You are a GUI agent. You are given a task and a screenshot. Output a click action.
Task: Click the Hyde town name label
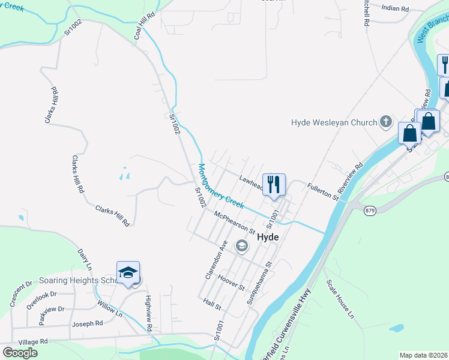[268, 237]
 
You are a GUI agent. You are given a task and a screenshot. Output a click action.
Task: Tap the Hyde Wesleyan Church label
[333, 122]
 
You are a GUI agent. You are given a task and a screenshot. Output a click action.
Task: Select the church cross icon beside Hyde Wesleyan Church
[386, 122]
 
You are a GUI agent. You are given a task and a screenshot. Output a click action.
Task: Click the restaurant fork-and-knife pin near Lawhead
[274, 185]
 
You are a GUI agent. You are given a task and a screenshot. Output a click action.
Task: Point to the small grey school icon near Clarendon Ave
[242, 245]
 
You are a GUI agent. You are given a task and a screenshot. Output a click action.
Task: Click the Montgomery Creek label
[221, 186]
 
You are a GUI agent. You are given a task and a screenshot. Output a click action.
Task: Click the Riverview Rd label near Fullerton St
[351, 178]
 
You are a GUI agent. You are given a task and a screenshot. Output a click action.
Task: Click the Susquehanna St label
[260, 282]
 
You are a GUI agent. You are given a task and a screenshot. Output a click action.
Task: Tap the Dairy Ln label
[85, 259]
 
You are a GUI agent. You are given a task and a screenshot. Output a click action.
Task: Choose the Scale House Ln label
[340, 298]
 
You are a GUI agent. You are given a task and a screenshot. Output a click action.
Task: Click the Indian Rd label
[396, 9]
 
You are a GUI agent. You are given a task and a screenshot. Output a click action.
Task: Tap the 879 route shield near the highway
[369, 209]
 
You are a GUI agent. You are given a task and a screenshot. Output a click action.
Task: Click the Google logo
[20, 353]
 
